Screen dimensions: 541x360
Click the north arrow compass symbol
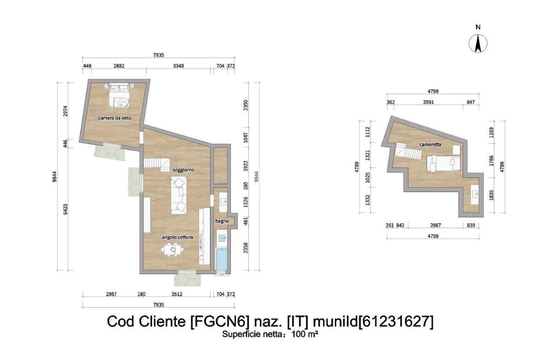coord(478,43)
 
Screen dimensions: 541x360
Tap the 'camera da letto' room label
coord(115,118)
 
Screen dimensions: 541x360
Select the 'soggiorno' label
coord(183,170)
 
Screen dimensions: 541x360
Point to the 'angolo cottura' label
coord(178,237)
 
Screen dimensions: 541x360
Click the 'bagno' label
coord(222,221)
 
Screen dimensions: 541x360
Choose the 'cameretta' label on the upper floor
coord(430,145)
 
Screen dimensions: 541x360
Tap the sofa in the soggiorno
coord(179,195)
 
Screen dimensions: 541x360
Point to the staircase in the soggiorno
coord(156,164)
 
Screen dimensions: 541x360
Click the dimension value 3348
coord(178,66)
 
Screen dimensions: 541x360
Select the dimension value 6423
coord(66,209)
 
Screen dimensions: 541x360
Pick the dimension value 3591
coord(428,102)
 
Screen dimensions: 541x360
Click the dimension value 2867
coord(435,225)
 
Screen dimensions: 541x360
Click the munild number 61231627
coord(396,321)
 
